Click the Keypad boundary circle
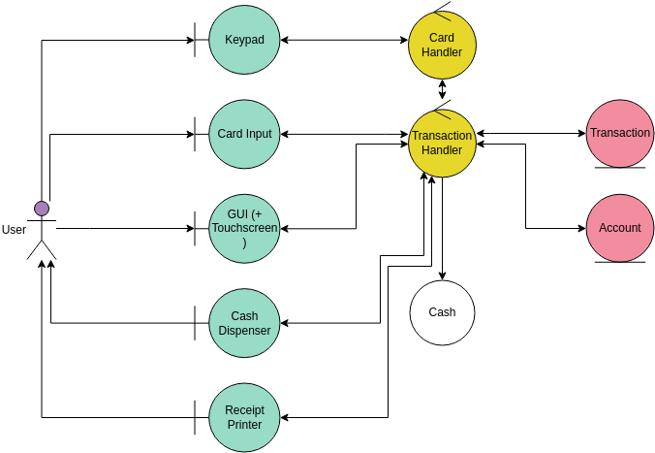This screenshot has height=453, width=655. coord(244,40)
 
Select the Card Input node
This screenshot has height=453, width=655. coord(244,134)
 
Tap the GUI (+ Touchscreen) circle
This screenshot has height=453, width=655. coord(244,228)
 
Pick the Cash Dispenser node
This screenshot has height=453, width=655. coord(244,322)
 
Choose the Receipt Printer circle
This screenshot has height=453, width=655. coord(244,416)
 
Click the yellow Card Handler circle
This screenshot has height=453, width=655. coord(442,46)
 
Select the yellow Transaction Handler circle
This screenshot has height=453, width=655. coord(442,143)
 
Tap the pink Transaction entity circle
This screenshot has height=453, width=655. coord(620,133)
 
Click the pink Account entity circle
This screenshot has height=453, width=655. coord(620,228)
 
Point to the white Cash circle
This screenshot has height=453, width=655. coord(442,312)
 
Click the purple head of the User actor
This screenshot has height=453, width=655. coord(42,208)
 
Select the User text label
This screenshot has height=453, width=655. coord(15,230)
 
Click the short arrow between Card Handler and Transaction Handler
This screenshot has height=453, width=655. coord(443,90)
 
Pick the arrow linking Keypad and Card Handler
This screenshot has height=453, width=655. coord(344,40)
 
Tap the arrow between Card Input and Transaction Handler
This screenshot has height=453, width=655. coord(344,134)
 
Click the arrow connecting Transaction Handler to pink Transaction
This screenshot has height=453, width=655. coord(530,133)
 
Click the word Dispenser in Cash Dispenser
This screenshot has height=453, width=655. coord(244,330)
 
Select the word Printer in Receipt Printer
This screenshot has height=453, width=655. coord(244,424)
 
